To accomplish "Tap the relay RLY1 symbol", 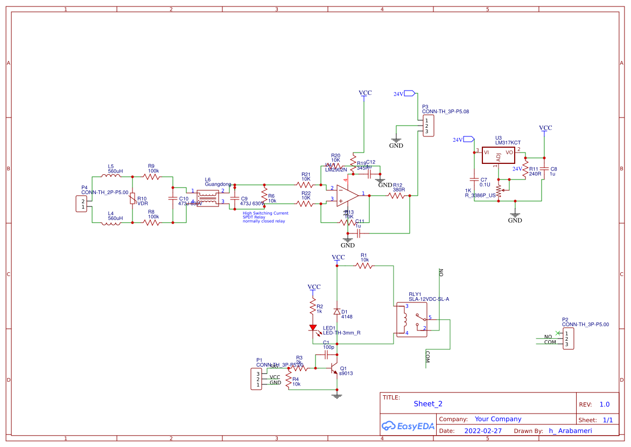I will click(411, 320).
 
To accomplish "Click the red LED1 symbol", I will click(313, 327).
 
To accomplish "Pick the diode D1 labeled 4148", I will click(337, 312).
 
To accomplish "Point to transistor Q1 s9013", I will click(334, 370).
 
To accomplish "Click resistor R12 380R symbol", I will click(397, 196).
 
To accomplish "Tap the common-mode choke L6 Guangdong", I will click(207, 198).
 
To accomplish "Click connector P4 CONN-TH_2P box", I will click(83, 204).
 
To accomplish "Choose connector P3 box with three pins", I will click(428, 126).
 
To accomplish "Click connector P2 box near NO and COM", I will click(568, 339).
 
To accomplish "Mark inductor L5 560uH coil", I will click(111, 176).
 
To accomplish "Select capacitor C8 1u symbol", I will click(544, 171).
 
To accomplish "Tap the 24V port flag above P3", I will click(409, 94).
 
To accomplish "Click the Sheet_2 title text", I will click(428, 404).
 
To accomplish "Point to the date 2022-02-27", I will click(483, 431).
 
